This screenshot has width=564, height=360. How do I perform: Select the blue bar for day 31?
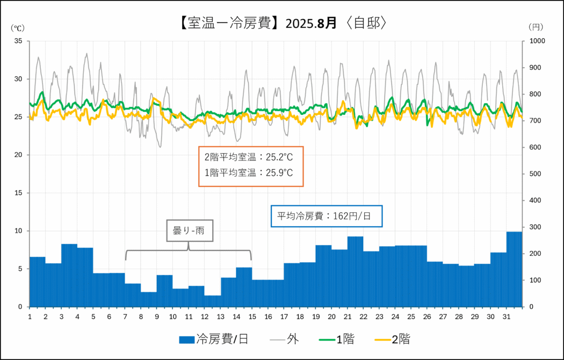514,269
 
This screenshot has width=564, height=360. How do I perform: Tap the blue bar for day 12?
212,301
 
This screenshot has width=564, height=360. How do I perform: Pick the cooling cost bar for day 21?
355,271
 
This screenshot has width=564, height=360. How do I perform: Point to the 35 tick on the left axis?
18,41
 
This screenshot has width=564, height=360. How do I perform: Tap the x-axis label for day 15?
252,316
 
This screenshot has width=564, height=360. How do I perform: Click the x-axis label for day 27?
443,316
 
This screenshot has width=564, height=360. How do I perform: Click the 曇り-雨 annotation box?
189,231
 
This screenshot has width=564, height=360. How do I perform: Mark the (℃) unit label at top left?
18,27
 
